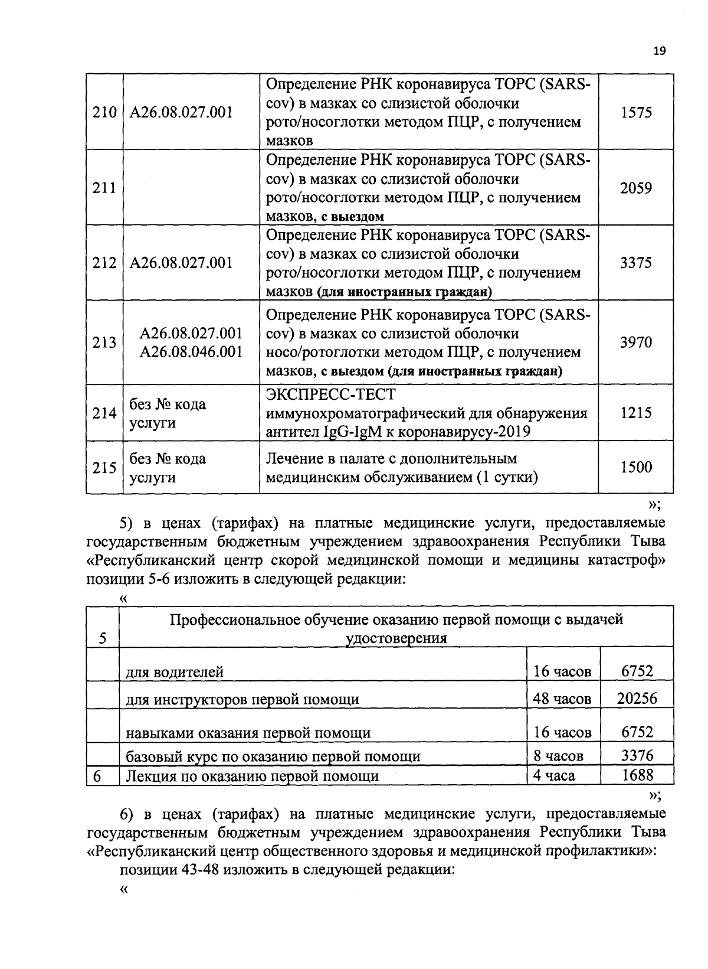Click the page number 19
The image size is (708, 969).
pos(659,51)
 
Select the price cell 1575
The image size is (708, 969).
pos(636,113)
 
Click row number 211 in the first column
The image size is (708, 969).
pos(104,188)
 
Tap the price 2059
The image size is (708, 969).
pos(636,188)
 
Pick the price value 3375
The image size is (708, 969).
pos(636,263)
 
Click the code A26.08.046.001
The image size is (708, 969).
pos(191,353)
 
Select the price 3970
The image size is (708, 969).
pos(636,342)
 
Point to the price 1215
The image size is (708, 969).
pos(636,413)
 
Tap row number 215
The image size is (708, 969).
pos(104,468)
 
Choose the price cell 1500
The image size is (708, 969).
pos(636,468)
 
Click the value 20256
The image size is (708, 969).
pos(637,699)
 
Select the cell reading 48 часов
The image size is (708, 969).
pos(562,699)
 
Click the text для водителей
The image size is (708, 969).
pos(175,672)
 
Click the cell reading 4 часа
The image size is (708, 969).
pos(554,775)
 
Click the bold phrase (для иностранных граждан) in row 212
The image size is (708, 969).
pos(405,292)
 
